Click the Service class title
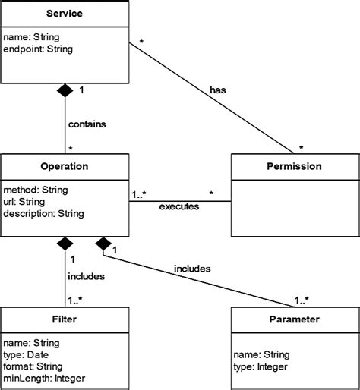[65, 14]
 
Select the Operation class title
[65, 166]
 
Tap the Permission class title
[295, 166]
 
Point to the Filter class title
[65, 319]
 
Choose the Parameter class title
[295, 319]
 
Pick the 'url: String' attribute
[24, 202]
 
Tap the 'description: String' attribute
[43, 213]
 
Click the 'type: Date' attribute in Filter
[27, 354]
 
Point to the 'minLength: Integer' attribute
[44, 378]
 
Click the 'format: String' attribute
[33, 366]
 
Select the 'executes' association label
[179, 206]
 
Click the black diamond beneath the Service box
[65, 90]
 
